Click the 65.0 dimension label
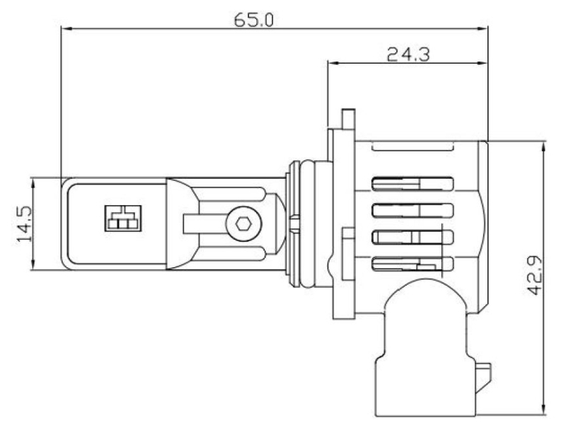click(254, 20)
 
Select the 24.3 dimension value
click(408, 55)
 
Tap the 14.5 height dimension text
click(25, 223)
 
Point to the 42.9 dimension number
click(535, 275)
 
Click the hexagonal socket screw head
click(243, 223)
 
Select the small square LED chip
click(123, 218)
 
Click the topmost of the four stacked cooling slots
click(412, 184)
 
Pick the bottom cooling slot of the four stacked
click(412, 264)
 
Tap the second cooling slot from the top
click(412, 211)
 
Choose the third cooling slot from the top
click(412, 237)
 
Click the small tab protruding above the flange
click(348, 119)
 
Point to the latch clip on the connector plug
click(483, 378)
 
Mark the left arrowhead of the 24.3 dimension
click(333, 63)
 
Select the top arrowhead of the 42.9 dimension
click(543, 147)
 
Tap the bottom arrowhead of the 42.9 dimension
click(543, 409)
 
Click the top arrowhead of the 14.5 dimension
click(33, 184)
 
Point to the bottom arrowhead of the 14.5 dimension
click(33, 264)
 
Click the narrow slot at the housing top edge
click(412, 146)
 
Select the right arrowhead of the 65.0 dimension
click(482, 28)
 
